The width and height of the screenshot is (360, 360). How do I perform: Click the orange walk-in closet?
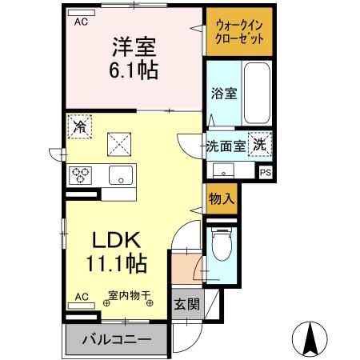[239, 33]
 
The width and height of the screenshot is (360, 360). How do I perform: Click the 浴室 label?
[224, 94]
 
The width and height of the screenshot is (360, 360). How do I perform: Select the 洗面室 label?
[225, 146]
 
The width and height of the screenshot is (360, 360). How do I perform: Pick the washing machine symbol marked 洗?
[260, 145]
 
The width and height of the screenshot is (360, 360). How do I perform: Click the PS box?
[266, 171]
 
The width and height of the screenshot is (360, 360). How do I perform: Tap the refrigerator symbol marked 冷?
[78, 126]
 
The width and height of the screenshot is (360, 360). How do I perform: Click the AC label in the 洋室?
[81, 22]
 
